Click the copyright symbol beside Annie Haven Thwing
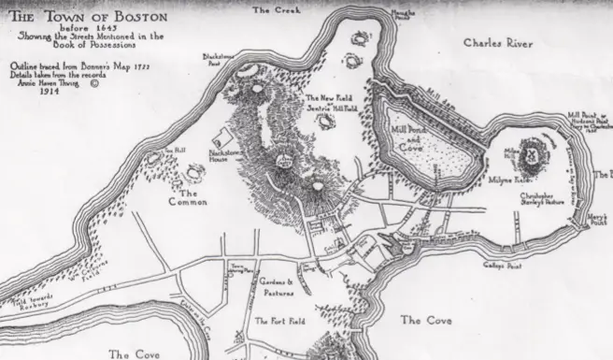tap(93, 83)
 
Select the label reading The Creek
tap(273, 8)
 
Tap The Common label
tap(188, 197)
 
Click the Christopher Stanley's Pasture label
tap(543, 200)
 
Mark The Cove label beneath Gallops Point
tap(426, 321)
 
